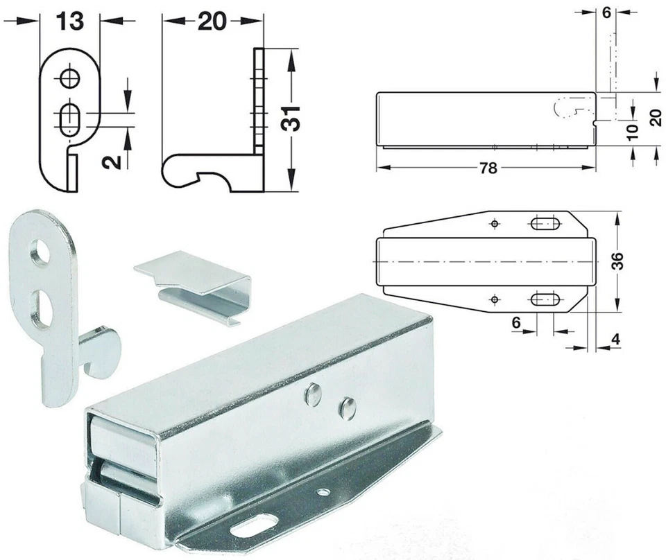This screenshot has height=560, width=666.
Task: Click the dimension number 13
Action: click(x=69, y=21)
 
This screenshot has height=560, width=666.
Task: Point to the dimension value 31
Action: click(x=291, y=119)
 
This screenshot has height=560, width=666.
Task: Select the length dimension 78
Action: click(x=488, y=168)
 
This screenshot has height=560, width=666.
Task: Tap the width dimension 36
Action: click(x=617, y=261)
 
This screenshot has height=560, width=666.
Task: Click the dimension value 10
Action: click(x=632, y=132)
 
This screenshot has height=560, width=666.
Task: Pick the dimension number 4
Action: click(x=616, y=340)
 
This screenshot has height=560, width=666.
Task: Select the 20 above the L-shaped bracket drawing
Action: click(x=212, y=21)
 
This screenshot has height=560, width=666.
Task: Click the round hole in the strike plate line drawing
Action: click(x=69, y=78)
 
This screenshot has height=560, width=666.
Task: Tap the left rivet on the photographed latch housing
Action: click(x=314, y=395)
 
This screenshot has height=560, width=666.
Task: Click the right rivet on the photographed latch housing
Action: click(x=347, y=409)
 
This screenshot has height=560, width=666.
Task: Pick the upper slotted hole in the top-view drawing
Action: click(x=545, y=223)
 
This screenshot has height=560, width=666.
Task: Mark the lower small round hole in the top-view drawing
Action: click(x=494, y=299)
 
